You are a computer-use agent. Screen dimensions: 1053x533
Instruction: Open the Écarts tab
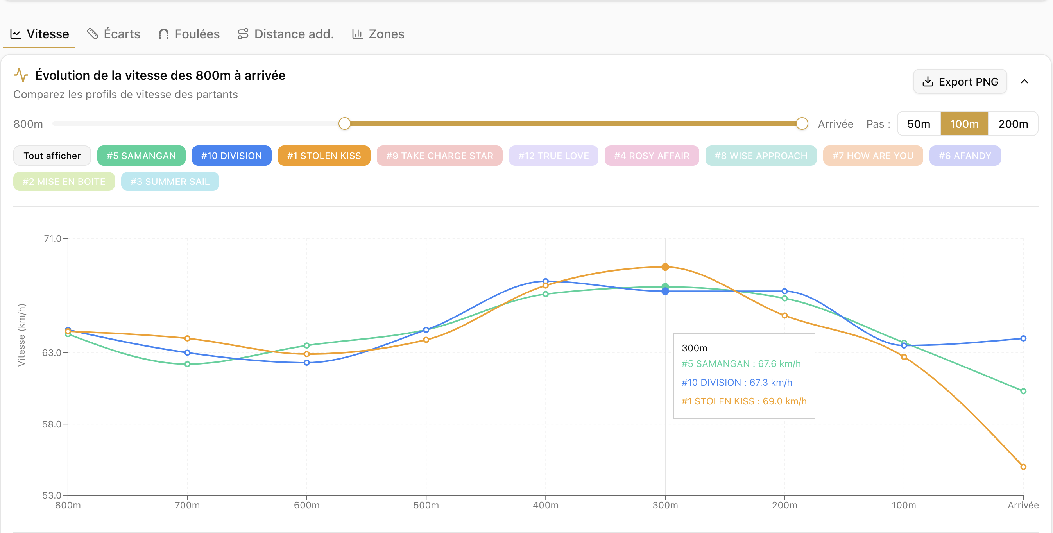(x=114, y=34)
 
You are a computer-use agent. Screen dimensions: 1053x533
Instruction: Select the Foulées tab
(x=189, y=34)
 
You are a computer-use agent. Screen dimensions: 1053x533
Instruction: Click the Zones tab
(x=378, y=34)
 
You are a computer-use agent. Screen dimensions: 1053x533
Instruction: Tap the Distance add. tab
(x=286, y=34)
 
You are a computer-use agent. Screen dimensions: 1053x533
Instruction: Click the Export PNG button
(x=960, y=81)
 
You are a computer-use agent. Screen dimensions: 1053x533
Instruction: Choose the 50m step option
(x=919, y=124)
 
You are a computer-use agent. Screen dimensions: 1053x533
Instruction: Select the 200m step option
(x=1013, y=124)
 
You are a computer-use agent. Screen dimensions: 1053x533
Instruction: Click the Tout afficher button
(x=52, y=156)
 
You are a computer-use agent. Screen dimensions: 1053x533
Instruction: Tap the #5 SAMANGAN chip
(x=141, y=156)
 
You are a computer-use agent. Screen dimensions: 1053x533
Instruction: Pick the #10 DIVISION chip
(x=231, y=156)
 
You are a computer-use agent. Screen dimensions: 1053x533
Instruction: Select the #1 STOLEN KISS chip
(x=324, y=156)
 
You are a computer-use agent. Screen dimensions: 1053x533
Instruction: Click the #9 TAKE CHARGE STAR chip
(x=439, y=156)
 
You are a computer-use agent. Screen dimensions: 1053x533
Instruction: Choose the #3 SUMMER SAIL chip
(x=170, y=181)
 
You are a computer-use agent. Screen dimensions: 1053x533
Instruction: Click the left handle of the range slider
(x=345, y=123)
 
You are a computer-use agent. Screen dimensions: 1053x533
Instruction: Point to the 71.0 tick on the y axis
(x=53, y=238)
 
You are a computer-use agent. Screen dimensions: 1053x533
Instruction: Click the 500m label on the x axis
(x=426, y=505)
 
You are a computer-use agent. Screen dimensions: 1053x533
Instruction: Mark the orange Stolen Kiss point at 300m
(x=665, y=267)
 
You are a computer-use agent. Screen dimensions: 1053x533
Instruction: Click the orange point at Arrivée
(x=1023, y=467)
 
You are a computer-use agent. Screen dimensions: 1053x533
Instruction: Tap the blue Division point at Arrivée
(x=1023, y=338)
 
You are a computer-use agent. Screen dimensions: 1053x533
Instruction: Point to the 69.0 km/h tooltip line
(x=744, y=401)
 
